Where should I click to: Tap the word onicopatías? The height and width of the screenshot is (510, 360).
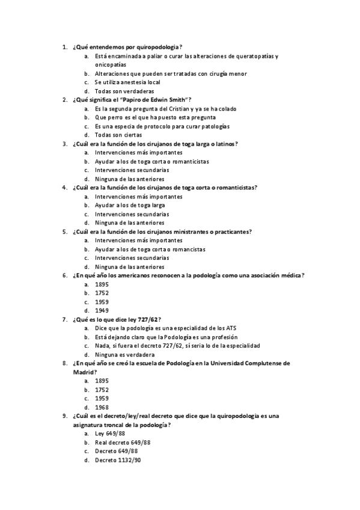111,64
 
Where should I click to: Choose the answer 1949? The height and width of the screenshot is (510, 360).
102,310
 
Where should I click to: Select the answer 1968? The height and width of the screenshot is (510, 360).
102,407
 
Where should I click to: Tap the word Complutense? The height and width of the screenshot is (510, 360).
260,363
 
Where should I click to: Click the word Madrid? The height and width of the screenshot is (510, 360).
82,372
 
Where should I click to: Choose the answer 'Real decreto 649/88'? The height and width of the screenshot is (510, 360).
123,442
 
